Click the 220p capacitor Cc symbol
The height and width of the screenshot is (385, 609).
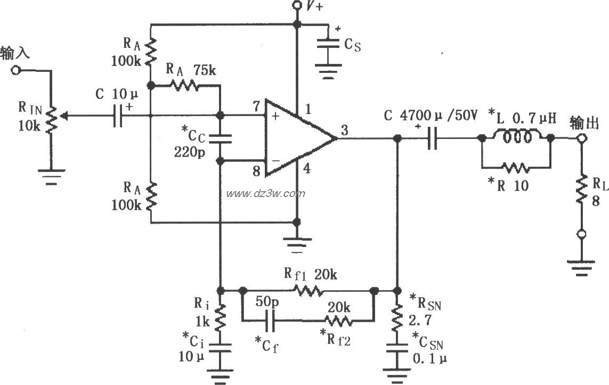(x=219, y=138)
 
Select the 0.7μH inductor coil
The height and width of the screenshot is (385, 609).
(x=515, y=137)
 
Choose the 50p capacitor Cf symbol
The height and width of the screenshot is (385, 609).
(x=269, y=321)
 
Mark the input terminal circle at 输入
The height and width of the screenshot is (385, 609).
(x=16, y=70)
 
